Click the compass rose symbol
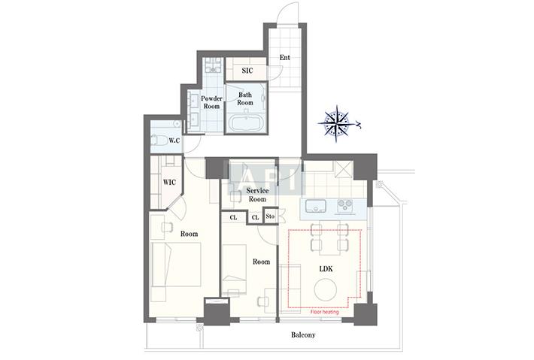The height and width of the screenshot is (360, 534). (x=337, y=123)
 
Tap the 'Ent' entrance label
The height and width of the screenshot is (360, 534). (x=285, y=58)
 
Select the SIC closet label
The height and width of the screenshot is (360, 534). (x=247, y=71)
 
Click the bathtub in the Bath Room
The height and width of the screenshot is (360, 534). (x=245, y=123)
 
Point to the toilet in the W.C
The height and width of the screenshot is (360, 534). (x=158, y=140)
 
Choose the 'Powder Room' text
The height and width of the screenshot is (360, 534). (x=211, y=102)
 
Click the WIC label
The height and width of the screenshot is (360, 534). (x=169, y=183)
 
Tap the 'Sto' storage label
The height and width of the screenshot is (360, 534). (x=270, y=216)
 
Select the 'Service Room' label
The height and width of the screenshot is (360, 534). (x=257, y=195)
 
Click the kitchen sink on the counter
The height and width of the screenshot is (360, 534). (x=316, y=206)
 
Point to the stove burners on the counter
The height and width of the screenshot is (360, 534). (x=345, y=206)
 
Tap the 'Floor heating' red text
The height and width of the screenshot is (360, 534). (x=325, y=312)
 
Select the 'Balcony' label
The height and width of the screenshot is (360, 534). (x=303, y=334)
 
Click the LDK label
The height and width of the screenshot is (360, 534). (x=326, y=269)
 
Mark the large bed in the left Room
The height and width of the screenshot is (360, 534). (x=176, y=265)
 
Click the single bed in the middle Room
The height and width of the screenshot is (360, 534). (x=235, y=266)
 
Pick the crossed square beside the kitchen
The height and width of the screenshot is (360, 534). (x=343, y=169)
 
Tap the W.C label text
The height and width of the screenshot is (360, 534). (x=174, y=141)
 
